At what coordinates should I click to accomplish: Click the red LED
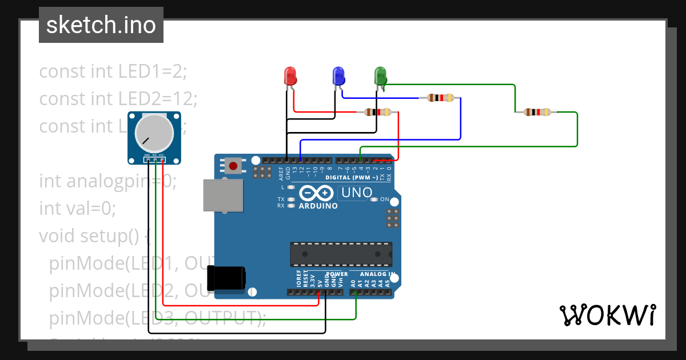[x=290, y=75]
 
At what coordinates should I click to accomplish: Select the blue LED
[x=338, y=75]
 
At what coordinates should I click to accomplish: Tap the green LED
[x=380, y=75]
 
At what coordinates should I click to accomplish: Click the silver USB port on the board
[x=222, y=196]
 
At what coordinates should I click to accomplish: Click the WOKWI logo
[x=607, y=315]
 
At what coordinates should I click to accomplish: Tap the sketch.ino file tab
[x=101, y=25]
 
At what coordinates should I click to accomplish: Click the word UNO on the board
[x=357, y=193]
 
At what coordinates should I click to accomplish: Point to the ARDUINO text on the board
[x=318, y=206]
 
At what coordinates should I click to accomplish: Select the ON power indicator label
[x=385, y=200]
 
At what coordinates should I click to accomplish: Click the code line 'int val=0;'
[x=77, y=209]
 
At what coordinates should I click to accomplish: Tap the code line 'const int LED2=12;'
[x=118, y=99]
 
